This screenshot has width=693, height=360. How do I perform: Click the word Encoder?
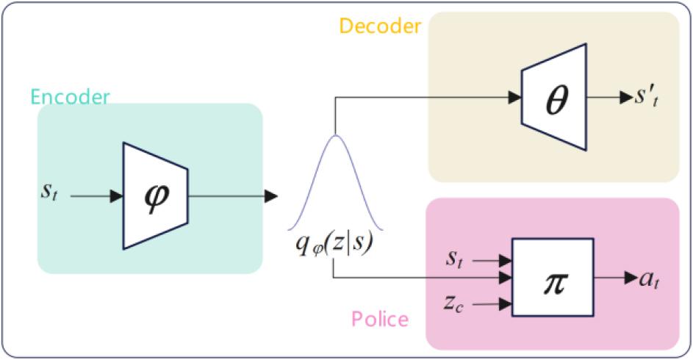[70, 97]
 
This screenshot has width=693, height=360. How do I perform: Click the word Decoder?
[380, 26]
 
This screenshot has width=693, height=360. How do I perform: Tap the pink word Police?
[379, 319]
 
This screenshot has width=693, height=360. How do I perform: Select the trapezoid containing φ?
[156, 196]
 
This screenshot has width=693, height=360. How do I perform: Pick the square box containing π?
[553, 278]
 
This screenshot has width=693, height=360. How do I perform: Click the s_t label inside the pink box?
[454, 259]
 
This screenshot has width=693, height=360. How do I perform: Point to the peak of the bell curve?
[334, 137]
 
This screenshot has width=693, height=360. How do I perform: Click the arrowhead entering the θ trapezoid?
[514, 96]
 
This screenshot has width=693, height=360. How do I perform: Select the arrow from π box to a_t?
[614, 278]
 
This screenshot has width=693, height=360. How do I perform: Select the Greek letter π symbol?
[553, 280]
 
